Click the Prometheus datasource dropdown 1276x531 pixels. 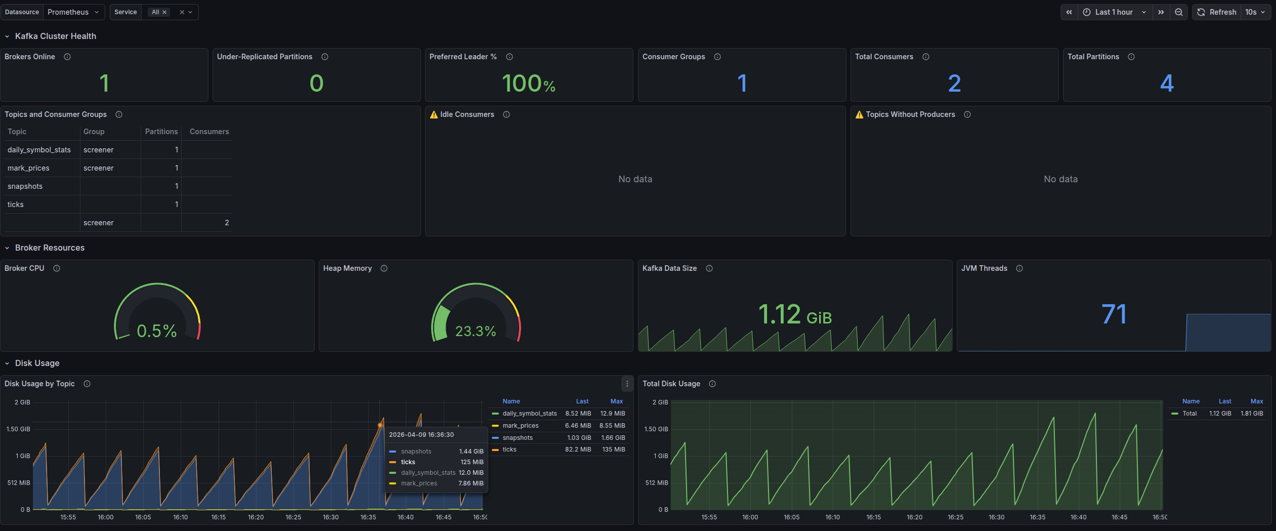click(73, 12)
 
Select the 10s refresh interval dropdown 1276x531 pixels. click(1255, 12)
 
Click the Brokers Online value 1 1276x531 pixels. click(104, 84)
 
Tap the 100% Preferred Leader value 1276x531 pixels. click(528, 84)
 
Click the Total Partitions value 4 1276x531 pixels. click(1166, 84)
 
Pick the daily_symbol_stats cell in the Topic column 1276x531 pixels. click(39, 150)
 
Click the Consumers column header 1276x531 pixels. click(209, 132)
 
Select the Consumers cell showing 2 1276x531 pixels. click(226, 223)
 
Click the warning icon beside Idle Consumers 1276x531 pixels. click(434, 115)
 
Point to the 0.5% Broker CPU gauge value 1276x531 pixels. click(157, 331)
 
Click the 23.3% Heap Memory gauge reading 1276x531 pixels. click(475, 331)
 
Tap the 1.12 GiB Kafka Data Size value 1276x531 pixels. click(794, 315)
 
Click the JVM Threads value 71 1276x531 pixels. click(1114, 315)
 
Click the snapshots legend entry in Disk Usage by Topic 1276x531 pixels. click(517, 438)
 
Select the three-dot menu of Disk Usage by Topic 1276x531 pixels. click(627, 384)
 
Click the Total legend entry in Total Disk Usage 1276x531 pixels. click(1189, 414)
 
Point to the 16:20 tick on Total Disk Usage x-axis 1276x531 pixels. click(914, 517)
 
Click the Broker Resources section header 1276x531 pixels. click(50, 248)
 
